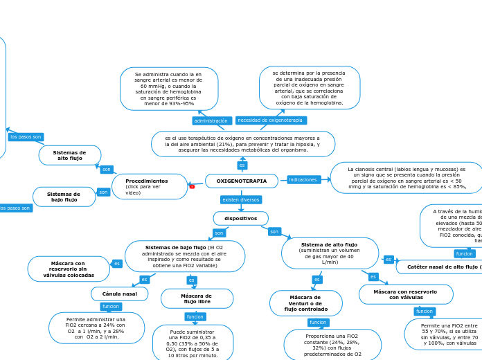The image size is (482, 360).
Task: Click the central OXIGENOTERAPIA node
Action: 241,181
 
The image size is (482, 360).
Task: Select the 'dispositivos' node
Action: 240,218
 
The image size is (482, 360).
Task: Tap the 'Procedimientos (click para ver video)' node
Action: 149,186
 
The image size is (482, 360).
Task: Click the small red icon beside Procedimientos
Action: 192,186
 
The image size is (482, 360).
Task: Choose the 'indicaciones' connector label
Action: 303,180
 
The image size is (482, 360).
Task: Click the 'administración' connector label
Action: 211,120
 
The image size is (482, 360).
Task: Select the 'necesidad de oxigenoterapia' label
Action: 270,120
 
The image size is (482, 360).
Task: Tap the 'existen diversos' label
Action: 240,199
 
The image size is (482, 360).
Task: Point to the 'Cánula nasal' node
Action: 119,294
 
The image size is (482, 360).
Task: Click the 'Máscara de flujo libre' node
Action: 197,298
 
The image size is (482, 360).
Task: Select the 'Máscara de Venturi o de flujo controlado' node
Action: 305,303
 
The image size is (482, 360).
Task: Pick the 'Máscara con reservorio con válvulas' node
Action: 405,294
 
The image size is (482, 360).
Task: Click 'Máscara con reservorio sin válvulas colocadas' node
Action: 69,269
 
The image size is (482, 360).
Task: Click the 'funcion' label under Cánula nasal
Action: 111,307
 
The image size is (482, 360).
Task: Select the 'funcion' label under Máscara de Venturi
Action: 318,323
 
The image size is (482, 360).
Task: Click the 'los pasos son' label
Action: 26,137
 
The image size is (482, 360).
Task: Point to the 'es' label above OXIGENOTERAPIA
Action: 242,165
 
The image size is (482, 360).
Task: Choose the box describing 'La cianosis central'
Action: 407,178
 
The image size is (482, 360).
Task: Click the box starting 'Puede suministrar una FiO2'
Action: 193,343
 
